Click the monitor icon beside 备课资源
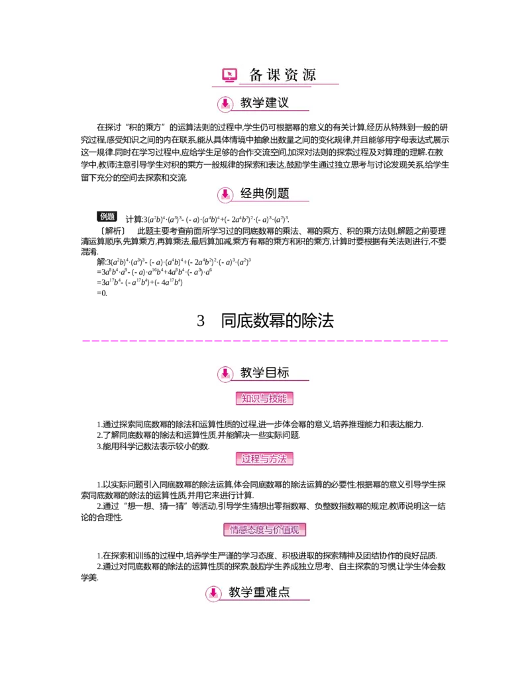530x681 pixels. tap(230, 75)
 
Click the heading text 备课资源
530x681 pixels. tap(283, 75)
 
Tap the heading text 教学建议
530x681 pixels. tap(264, 103)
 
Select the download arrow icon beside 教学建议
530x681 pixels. tap(225, 103)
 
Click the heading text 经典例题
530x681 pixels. tap(264, 193)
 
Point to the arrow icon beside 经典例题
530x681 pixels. tap(225, 194)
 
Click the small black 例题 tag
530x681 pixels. tap(107, 216)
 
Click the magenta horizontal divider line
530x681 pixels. tap(265, 342)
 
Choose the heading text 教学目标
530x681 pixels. tap(264, 373)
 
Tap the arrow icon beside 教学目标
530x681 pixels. tap(225, 374)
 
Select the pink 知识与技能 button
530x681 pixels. tap(264, 398)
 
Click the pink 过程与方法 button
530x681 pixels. tap(264, 458)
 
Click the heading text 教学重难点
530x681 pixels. tap(259, 592)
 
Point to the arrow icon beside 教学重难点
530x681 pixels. tap(213, 593)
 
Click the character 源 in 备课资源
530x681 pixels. tap(309, 75)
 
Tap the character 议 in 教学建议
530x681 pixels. tap(283, 103)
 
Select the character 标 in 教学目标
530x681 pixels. tap(283, 373)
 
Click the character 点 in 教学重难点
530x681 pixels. tap(284, 592)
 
